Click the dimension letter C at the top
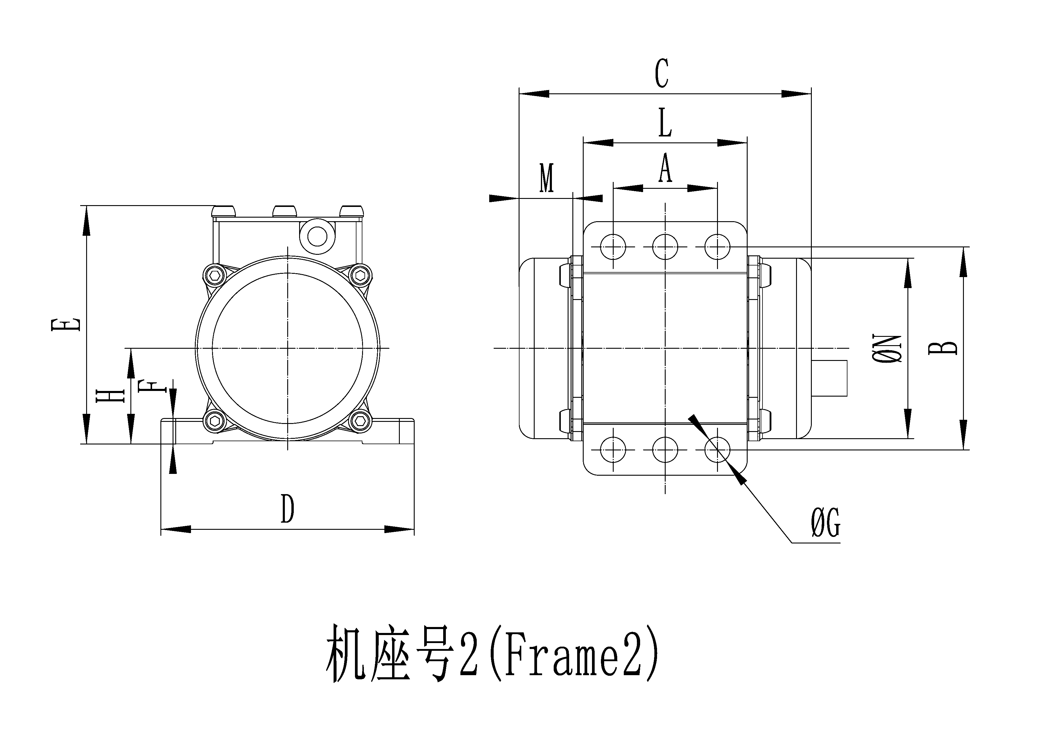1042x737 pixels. [x=662, y=73]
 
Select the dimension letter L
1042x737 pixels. [x=665, y=122]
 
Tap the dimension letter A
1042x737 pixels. [x=665, y=168]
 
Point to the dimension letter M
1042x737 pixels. [x=547, y=178]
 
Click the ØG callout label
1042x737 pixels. [x=825, y=524]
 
